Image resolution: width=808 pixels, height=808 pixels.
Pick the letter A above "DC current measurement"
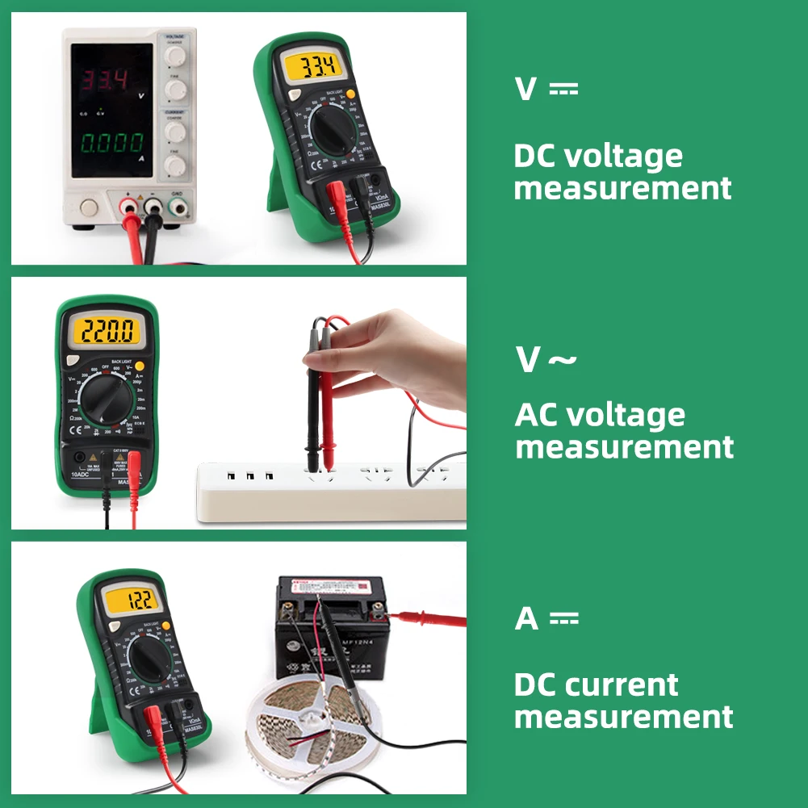526,619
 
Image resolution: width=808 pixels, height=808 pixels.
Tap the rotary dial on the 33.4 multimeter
330,126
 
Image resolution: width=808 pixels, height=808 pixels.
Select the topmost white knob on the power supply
175,56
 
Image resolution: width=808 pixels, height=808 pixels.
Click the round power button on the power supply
89,208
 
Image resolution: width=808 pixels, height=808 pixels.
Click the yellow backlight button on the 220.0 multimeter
140,365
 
